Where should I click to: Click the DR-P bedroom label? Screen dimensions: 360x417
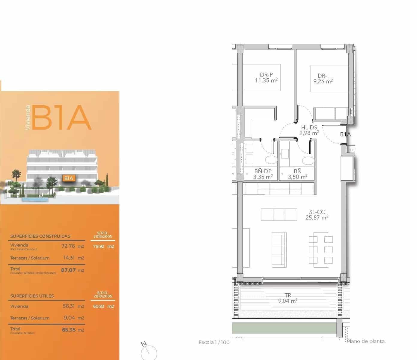tap(266, 75)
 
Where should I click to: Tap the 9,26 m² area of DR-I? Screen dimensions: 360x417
tap(323, 81)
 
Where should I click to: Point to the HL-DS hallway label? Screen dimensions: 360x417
tap(309, 127)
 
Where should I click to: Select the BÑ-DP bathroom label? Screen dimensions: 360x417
tap(263, 171)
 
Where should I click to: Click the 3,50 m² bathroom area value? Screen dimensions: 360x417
tap(297, 177)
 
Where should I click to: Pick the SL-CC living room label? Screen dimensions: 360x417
tap(317, 212)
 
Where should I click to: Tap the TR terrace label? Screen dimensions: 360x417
tap(288, 295)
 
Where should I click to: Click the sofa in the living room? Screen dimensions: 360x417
tap(279, 250)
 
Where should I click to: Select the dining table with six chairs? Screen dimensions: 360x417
tap(321, 250)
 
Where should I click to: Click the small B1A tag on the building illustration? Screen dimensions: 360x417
tap(68, 178)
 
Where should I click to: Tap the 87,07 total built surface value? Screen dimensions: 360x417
tap(68, 270)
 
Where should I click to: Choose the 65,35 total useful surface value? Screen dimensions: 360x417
tap(69, 330)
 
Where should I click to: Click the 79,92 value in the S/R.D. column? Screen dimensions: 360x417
tap(99, 247)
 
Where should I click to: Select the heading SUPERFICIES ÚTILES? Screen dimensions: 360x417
tap(32, 296)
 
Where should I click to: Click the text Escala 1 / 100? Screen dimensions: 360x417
tap(214, 342)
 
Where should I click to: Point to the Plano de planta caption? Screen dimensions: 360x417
tap(366, 341)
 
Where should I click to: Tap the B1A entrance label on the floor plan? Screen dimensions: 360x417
tap(345, 134)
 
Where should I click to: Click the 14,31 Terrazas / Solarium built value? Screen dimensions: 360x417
tap(69, 258)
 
